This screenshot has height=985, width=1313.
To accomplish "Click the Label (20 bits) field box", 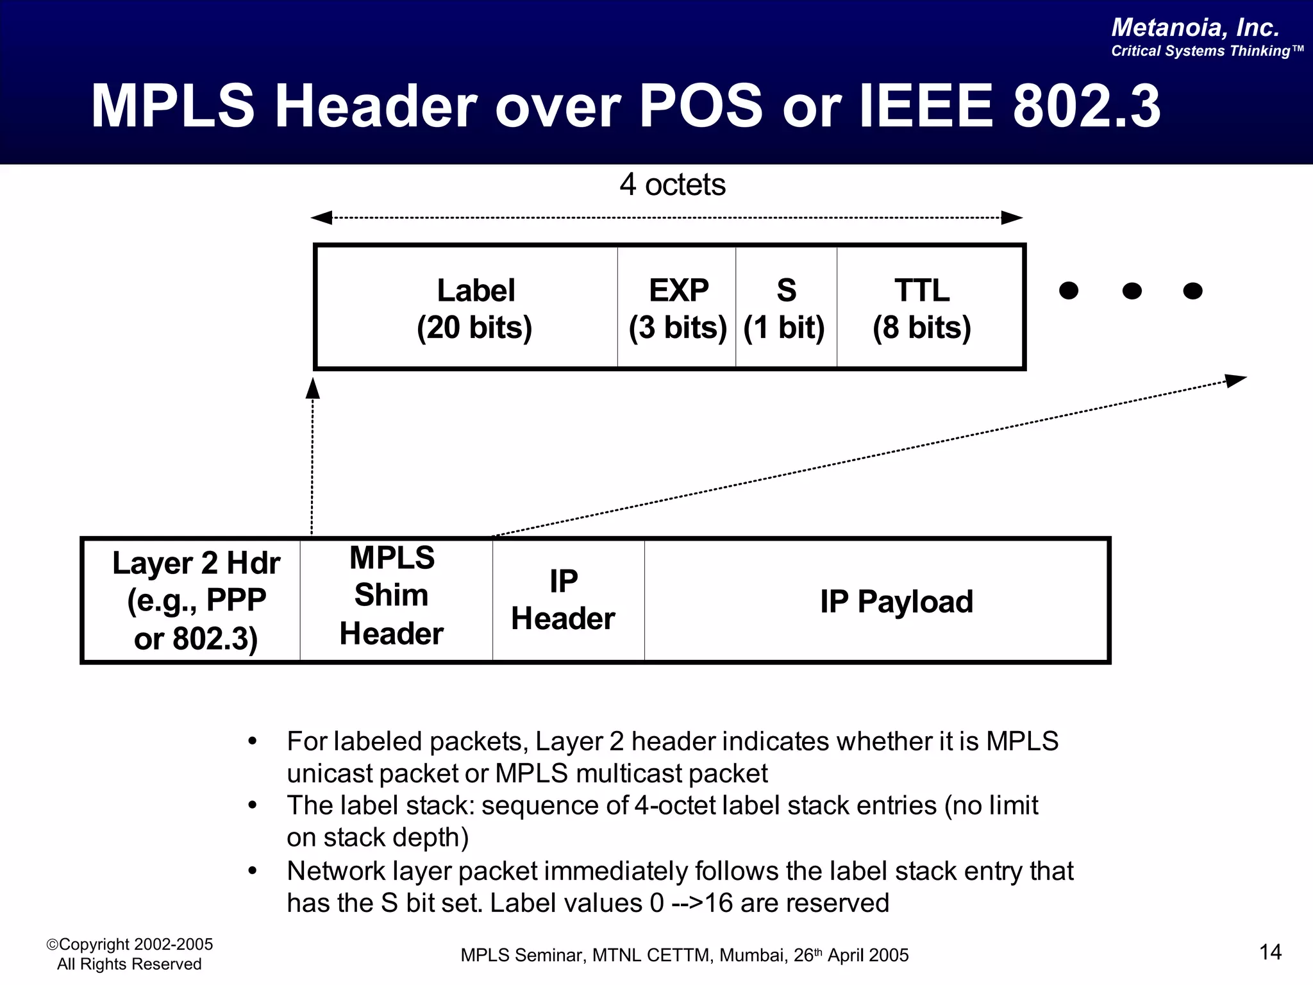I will pyautogui.click(x=474, y=308).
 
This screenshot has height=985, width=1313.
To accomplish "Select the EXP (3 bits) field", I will pyautogui.click(x=678, y=308).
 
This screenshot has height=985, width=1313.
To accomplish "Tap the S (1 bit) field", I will pyautogui.click(x=786, y=308).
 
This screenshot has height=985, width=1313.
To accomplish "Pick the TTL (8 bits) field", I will pyautogui.click(x=923, y=308).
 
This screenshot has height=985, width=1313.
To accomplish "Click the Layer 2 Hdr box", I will pyautogui.click(x=195, y=600).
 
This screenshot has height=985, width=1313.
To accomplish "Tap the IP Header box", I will pyautogui.click(x=564, y=600).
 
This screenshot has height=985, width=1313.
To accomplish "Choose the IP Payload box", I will pyautogui.click(x=896, y=602).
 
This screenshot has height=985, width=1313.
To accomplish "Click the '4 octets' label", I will pyautogui.click(x=672, y=185).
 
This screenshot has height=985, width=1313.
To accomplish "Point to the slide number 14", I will pyautogui.click(x=1270, y=952).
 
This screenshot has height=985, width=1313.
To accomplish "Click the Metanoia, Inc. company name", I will pyautogui.click(x=1195, y=28).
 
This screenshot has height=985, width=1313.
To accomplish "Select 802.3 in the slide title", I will pyautogui.click(x=1086, y=106).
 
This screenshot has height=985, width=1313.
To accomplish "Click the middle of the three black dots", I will pyautogui.click(x=1132, y=291).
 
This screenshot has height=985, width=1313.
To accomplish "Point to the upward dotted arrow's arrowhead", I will pyautogui.click(x=313, y=387).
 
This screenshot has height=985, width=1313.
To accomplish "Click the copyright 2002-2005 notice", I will pyautogui.click(x=130, y=945).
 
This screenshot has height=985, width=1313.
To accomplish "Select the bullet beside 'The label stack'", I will pyautogui.click(x=253, y=805).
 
